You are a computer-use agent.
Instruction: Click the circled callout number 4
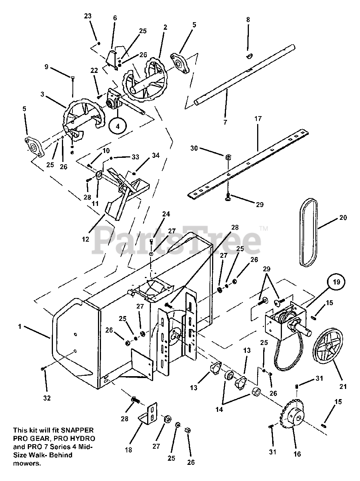pyautogui.click(x=117, y=126)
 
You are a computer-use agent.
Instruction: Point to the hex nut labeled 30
pyautogui.click(x=228, y=157)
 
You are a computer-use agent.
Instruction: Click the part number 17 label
pyautogui.click(x=258, y=118)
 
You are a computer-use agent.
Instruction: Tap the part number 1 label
pyautogui.click(x=20, y=327)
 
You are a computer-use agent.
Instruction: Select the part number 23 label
pyautogui.click(x=87, y=16)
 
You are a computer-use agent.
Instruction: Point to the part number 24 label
pyautogui.click(x=166, y=214)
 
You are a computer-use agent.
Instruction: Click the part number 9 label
pyautogui.click(x=47, y=67)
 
